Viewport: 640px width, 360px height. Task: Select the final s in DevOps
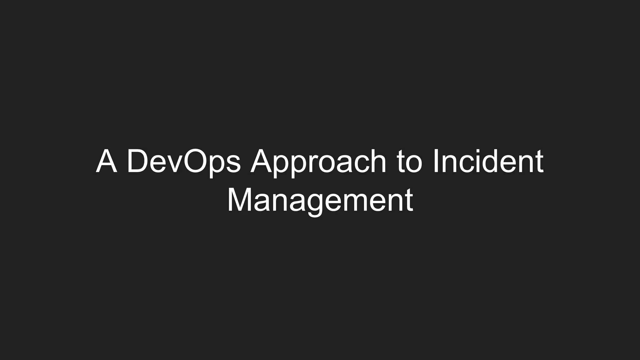point(233,164)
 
